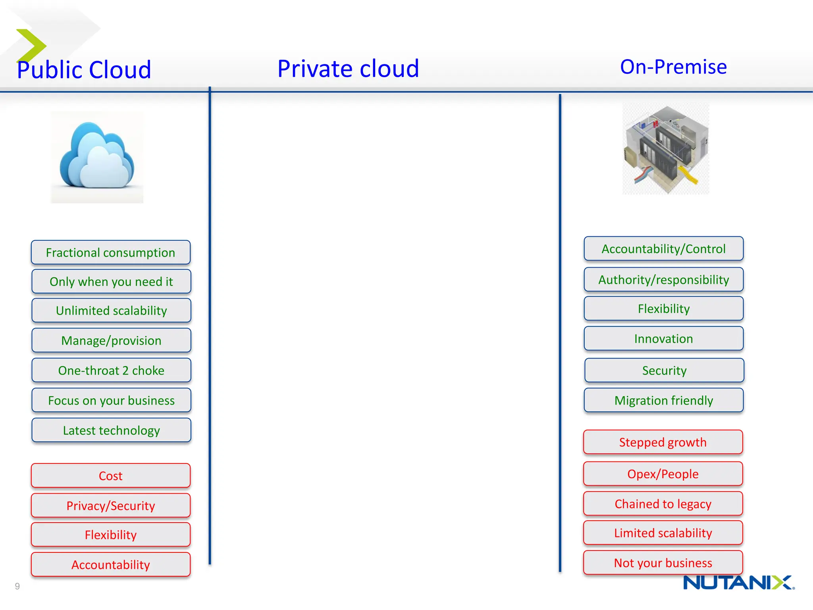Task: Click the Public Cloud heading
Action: pos(84,70)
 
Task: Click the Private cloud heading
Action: pos(348,68)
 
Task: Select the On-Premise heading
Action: pos(673,67)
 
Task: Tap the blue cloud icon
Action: pos(97,157)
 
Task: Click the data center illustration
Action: pos(666,149)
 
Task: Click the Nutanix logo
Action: pos(738,583)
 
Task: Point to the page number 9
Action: pos(17,586)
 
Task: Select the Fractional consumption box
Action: pos(111,253)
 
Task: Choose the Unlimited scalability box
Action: pos(111,311)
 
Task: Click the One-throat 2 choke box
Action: pos(111,371)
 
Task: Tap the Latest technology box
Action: pos(111,430)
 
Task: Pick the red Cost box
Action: pos(111,476)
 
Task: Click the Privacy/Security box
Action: pos(111,506)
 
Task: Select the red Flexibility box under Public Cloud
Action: pos(111,535)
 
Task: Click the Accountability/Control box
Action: pos(663,249)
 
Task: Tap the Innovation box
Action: pos(663,339)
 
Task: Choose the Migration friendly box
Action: pos(663,400)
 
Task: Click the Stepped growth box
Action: pos(663,442)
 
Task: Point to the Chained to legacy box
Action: pos(663,504)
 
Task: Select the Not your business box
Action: pos(663,563)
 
